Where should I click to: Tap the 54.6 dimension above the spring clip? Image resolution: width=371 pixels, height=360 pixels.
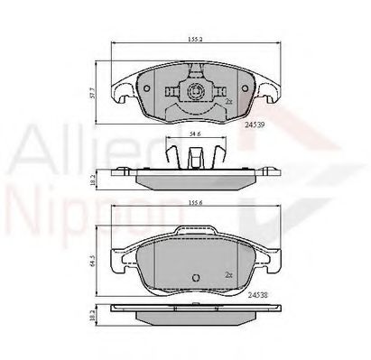click(x=194, y=134)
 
